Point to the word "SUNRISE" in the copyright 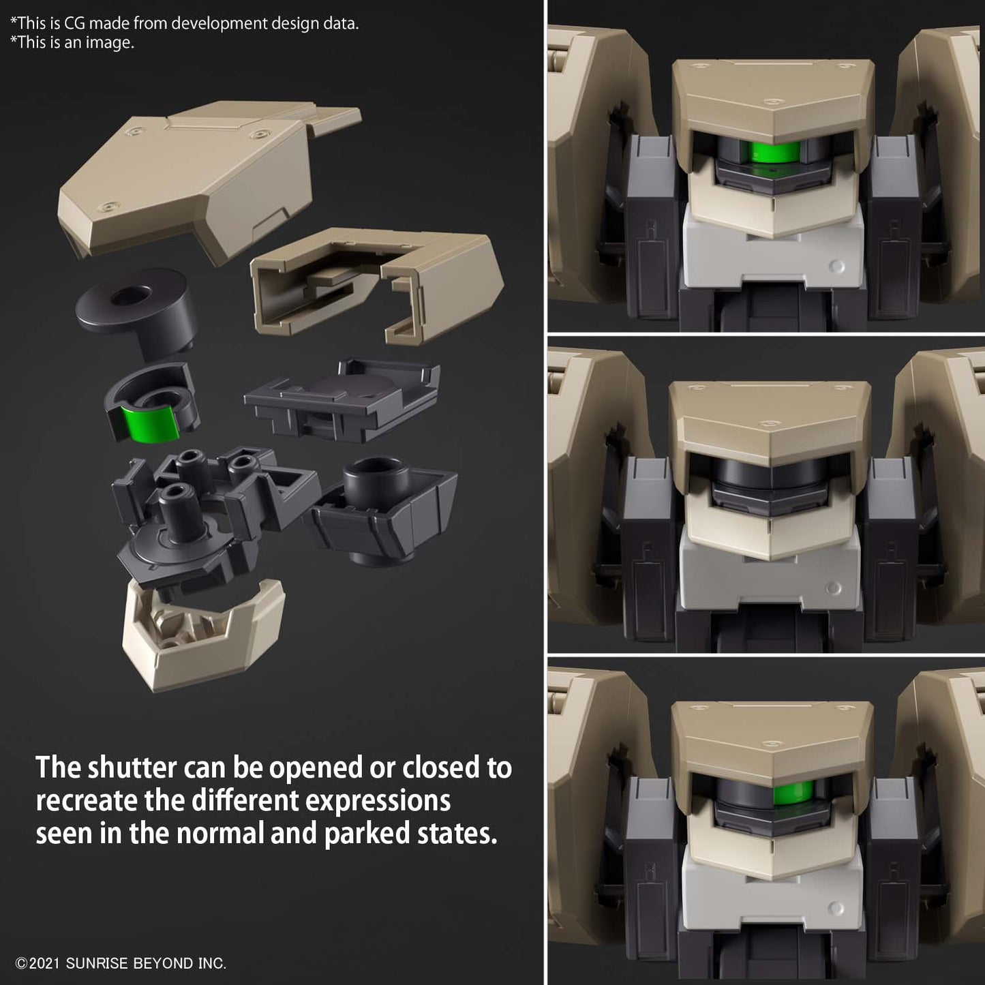(97, 964)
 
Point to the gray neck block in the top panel (772, 253)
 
